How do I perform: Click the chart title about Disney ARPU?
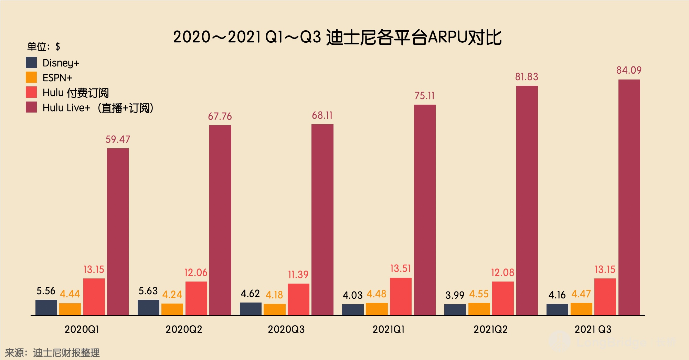tap(337, 37)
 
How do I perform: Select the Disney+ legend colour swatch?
tap(31, 63)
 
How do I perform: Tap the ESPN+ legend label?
tap(57, 78)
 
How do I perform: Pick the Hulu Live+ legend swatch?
tap(31, 107)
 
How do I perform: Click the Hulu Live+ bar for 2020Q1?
tap(118, 231)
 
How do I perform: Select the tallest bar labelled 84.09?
tap(629, 197)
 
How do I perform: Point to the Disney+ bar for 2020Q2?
tap(148, 307)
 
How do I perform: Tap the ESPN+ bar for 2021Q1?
tap(377, 309)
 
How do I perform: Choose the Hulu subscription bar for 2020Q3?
tap(298, 299)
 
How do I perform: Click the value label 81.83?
tap(527, 77)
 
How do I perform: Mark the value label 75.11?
tap(424, 96)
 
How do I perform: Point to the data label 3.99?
tap(455, 295)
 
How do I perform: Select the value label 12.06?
tap(196, 273)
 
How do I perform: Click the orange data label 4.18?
tap(274, 295)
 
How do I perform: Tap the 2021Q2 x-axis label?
tap(490, 329)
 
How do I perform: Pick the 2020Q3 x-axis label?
tap(286, 329)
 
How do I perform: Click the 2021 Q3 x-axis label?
tap(593, 329)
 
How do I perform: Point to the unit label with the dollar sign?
tap(44, 46)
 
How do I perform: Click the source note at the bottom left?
tap(52, 353)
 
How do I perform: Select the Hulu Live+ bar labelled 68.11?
tap(322, 219)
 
